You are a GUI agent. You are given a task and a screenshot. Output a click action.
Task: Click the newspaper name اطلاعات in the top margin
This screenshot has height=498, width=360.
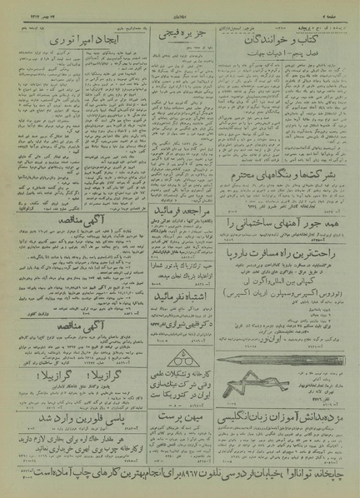tap(179, 7)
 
